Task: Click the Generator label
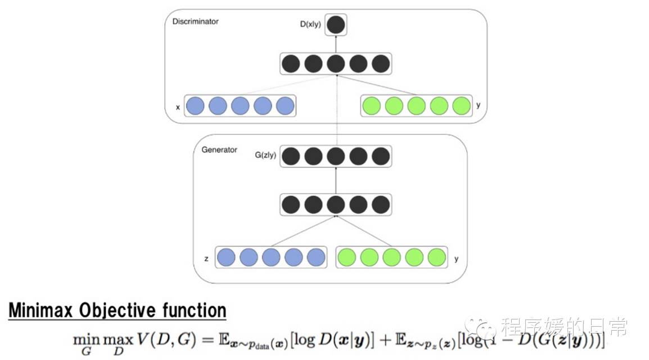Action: (219, 150)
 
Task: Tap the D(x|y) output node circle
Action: (336, 24)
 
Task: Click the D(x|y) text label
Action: (310, 25)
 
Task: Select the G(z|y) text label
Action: (265, 155)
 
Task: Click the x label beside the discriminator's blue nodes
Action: (178, 106)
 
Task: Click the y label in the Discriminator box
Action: (478, 105)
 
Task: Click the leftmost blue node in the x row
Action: (195, 106)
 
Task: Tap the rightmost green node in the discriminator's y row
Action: (461, 106)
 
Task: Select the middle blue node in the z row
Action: (271, 257)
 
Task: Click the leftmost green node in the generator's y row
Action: (346, 257)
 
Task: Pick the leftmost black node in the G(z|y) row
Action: (291, 156)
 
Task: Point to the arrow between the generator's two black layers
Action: (336, 180)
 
